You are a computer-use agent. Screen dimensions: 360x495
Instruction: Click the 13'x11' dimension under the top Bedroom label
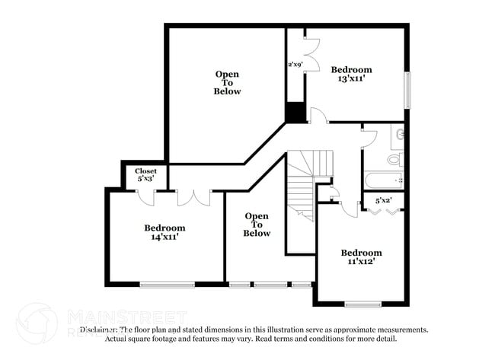[x=351, y=78]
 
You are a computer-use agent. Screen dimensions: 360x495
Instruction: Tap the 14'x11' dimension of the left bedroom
[x=164, y=237]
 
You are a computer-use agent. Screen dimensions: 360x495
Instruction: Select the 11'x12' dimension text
[x=361, y=261]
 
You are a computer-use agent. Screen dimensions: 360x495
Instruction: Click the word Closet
[x=145, y=171]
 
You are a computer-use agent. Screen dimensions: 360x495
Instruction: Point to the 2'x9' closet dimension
[x=295, y=65]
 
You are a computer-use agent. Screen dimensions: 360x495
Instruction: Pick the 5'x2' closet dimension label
[x=384, y=201]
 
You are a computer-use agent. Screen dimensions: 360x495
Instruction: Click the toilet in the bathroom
[x=394, y=160]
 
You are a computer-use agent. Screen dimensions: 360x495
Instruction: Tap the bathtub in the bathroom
[x=383, y=182]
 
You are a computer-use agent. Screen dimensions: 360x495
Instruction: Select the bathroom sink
[x=399, y=135]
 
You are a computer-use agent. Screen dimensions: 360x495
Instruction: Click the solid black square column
[x=295, y=112]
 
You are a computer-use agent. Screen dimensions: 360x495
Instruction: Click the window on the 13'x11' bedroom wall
[x=407, y=90]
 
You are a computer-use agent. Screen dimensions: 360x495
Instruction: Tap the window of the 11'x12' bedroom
[x=362, y=304]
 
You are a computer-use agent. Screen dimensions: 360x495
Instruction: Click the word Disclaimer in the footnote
[x=100, y=330]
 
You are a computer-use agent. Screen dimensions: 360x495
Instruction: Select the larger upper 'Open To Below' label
[x=227, y=83]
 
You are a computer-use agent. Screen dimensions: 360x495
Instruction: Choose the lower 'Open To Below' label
[x=257, y=225]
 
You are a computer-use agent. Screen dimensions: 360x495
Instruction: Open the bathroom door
[x=369, y=136]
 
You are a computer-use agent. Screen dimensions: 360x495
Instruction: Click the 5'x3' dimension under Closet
[x=145, y=180]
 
